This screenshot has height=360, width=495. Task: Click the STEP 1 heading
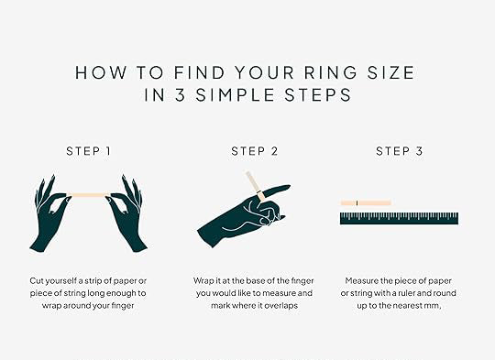[88, 151]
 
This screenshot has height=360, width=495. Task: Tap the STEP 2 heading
[255, 151]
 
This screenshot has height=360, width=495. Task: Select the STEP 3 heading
[400, 151]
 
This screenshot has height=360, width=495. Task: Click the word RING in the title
[331, 72]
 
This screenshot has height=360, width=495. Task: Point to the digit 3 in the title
[180, 95]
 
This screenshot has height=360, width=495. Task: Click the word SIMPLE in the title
[236, 95]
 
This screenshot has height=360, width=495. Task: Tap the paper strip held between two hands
[88, 195]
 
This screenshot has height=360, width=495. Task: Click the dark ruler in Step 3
[399, 218]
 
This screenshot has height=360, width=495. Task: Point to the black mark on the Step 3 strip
[357, 202]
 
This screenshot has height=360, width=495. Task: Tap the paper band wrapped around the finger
[260, 196]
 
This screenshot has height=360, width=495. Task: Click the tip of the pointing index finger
[290, 186]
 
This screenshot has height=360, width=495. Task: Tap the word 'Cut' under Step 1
[37, 280]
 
